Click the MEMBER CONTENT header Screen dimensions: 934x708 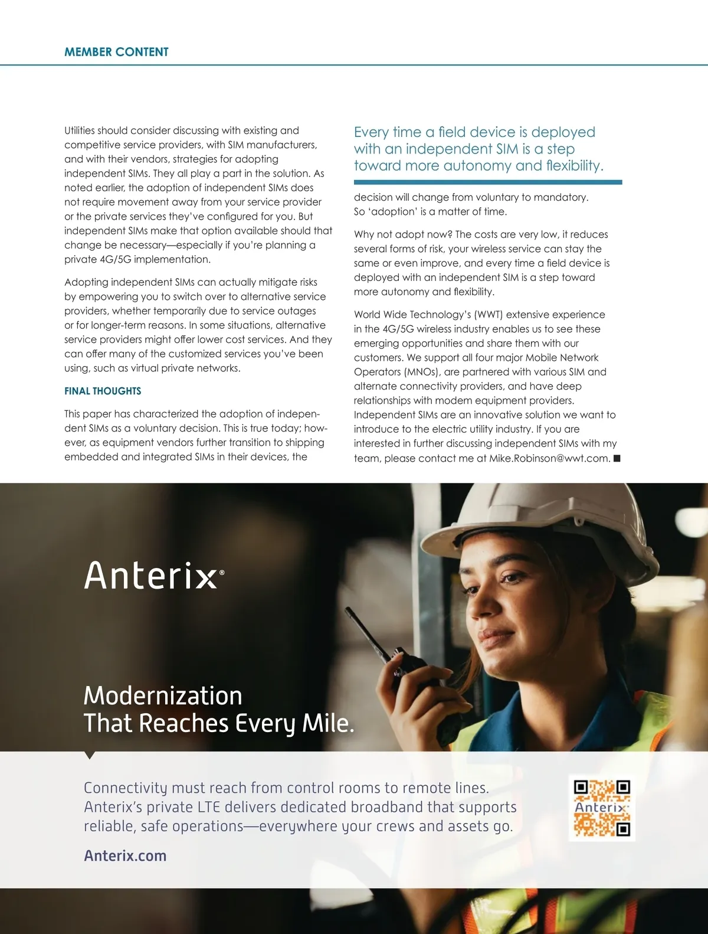(116, 52)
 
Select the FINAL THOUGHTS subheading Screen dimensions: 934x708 (103, 391)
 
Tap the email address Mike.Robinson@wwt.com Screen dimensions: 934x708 (549, 458)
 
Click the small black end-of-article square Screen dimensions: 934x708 (617, 458)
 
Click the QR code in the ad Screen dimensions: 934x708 (602, 808)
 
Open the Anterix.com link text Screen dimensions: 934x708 (125, 855)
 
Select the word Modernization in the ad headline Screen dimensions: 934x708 (163, 695)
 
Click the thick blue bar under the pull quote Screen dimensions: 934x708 (488, 182)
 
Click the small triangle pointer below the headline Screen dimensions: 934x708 (90, 755)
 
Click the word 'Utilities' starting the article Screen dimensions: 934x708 (80, 130)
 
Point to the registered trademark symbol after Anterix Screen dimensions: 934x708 (222, 572)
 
